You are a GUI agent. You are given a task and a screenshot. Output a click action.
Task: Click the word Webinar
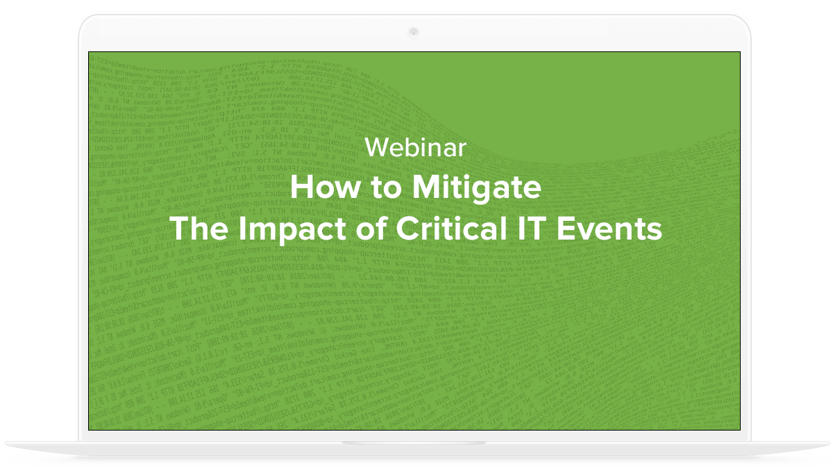pos(415,147)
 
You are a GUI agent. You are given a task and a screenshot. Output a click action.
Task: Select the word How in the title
pos(326,187)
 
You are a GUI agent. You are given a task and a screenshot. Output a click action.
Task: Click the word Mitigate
pos(477,189)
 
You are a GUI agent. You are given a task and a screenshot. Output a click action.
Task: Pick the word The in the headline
pos(199,228)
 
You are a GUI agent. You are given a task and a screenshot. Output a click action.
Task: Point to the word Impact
pos(293,229)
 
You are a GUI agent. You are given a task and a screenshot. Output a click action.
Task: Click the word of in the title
pos(372,228)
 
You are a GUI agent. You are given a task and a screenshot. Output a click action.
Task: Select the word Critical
pos(452,228)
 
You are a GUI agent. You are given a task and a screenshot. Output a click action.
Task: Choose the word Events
pos(609,228)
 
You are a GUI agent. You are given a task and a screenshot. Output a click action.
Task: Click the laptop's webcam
pos(414,33)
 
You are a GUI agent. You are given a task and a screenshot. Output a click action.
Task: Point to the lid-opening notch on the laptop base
pos(414,443)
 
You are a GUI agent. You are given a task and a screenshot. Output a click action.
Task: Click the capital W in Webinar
pos(379,147)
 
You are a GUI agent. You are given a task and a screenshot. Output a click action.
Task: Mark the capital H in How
pos(301,187)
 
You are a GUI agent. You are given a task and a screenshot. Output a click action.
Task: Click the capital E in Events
pos(566,228)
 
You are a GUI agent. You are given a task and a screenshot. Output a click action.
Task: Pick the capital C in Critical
pos(408,228)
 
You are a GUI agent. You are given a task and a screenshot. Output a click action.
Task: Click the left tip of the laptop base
pos(6,442)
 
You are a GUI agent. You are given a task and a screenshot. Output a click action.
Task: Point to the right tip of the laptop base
pos(829,442)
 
